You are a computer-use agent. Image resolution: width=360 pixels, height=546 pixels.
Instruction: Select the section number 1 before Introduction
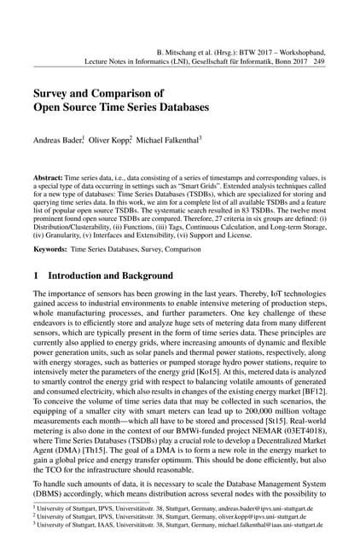click(36, 276)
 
